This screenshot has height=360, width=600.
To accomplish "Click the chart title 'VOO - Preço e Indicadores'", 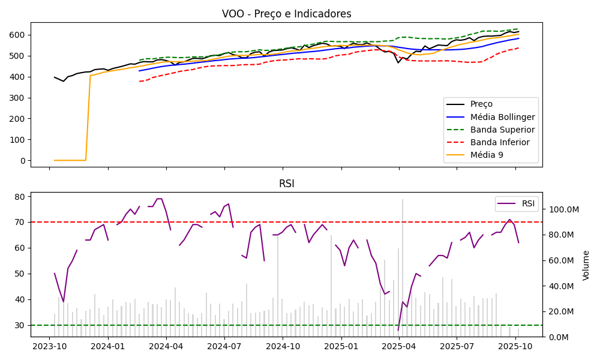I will pyautogui.click(x=287, y=14).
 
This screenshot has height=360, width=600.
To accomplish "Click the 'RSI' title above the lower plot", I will pyautogui.click(x=287, y=184).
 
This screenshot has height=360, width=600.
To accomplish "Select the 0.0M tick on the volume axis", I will pyautogui.click(x=559, y=337).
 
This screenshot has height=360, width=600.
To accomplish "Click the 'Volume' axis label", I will pyautogui.click(x=586, y=265).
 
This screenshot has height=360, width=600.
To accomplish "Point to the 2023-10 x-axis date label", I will pyautogui.click(x=49, y=346).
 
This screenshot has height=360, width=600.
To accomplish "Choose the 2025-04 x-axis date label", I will pyautogui.click(x=399, y=346).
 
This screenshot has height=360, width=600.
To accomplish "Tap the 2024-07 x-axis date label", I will pyautogui.click(x=224, y=346).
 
